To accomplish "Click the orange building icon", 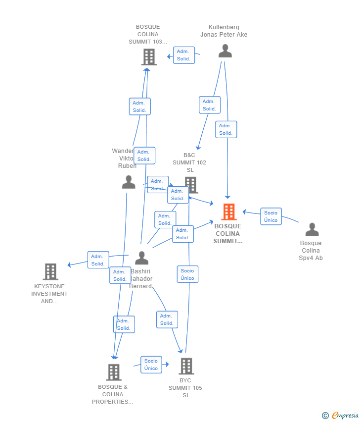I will pos(228,212).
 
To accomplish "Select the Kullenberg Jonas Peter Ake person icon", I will pos(225,51).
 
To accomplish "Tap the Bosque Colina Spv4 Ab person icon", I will pos(312,229).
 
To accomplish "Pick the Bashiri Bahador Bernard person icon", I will pos(142,258).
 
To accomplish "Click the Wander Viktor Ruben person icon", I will pos(129,182).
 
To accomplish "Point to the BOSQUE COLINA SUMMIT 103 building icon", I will pos(148,57).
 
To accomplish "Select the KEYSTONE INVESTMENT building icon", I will pos(50,271).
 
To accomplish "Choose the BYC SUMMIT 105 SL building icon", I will pos(186,366).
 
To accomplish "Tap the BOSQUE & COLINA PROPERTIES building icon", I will pos(114,372).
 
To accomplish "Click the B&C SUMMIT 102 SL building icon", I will pos(191,184).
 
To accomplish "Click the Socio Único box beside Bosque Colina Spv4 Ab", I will pos(270,216).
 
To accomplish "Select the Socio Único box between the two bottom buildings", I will pos(151,365).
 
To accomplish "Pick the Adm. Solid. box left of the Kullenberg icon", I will pos(183,55).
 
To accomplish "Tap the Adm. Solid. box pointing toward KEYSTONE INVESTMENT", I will pos(98,260).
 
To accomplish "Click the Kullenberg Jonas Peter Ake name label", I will pos(224,31).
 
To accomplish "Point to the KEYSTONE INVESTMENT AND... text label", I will pos(49,294).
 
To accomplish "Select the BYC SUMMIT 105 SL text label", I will pos(185,388).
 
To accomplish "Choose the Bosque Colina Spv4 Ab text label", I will pos(311,250).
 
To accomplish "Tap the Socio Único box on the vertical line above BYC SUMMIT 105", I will pos(187,274).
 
